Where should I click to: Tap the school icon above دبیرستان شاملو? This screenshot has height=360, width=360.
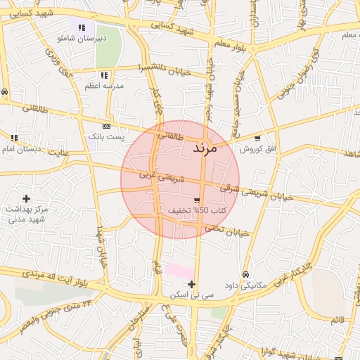pos(82,27)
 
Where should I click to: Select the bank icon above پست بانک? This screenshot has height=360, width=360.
pos(106,126)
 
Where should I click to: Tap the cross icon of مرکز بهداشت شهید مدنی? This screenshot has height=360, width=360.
pos(27,199)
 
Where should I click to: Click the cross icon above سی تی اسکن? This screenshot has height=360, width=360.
pos(191,284)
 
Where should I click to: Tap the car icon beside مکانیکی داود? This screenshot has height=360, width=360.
pos(245,274)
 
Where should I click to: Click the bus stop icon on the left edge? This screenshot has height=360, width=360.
pos(5,91)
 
